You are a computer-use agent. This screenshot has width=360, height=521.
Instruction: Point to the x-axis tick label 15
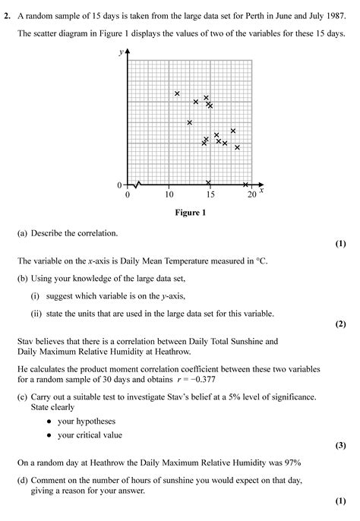pyautogui.click(x=210, y=194)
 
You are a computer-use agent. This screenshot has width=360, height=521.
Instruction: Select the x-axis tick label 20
pyautogui.click(x=251, y=194)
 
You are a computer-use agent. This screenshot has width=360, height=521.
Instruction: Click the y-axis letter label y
pyautogui.click(x=121, y=52)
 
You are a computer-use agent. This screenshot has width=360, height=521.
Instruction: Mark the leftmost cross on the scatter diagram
pyautogui.click(x=177, y=93)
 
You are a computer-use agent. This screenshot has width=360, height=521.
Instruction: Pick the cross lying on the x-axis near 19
pyautogui.click(x=245, y=185)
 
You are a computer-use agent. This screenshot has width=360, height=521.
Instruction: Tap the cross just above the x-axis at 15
pyautogui.click(x=209, y=182)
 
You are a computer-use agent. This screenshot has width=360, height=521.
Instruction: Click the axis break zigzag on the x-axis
pyautogui.click(x=137, y=185)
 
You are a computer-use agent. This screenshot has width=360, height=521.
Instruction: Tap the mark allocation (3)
pyautogui.click(x=340, y=446)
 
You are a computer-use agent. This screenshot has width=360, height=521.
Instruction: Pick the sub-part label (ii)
pyautogui.click(x=36, y=313)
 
